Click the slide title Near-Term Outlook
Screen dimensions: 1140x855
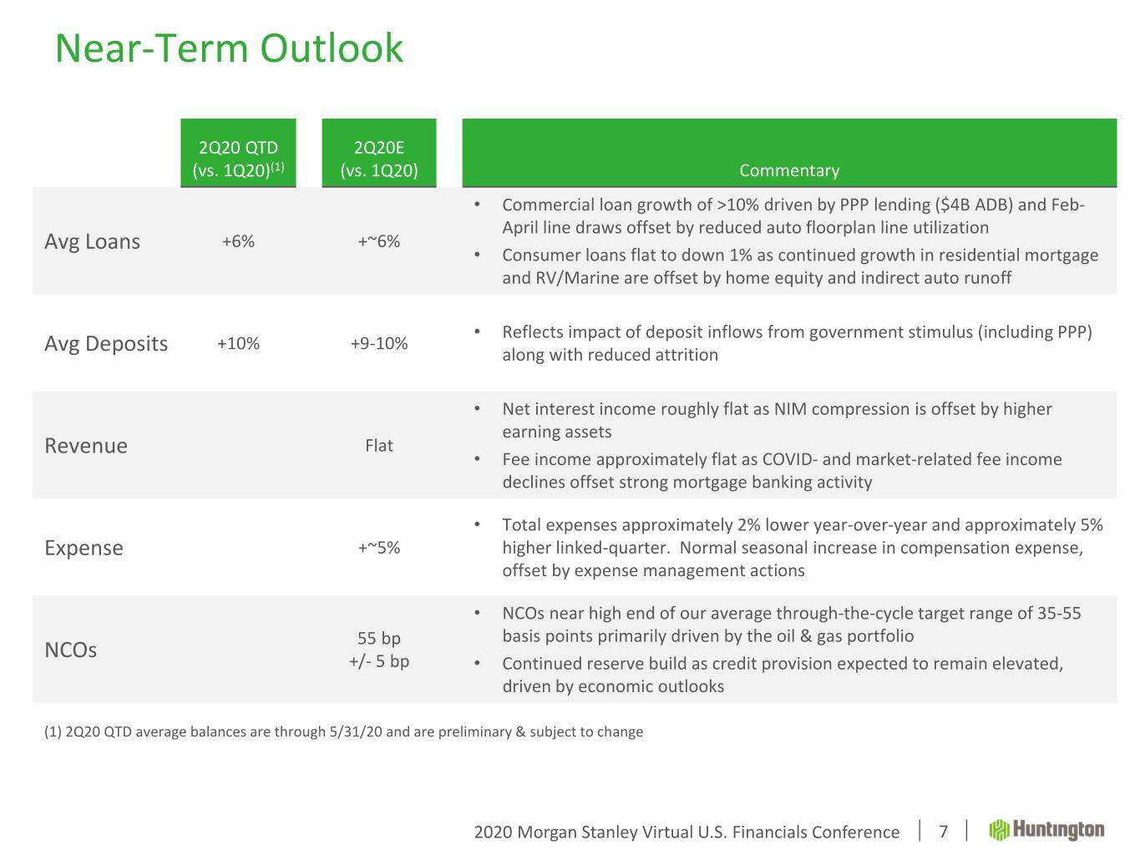[x=229, y=48]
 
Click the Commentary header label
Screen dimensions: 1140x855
[x=789, y=170]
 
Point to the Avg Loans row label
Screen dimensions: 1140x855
[x=93, y=241]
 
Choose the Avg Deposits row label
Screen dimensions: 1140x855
[x=106, y=344]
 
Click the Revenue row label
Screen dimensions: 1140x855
[x=86, y=445]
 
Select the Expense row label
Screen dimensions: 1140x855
[x=84, y=549]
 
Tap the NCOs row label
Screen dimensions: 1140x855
[x=71, y=650]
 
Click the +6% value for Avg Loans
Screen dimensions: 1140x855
[x=238, y=241]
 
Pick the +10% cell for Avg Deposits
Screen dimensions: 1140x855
[x=238, y=343]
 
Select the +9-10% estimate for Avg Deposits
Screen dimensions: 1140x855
[x=379, y=343]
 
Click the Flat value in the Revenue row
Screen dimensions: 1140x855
[x=379, y=445]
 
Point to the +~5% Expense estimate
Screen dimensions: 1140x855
[x=379, y=548]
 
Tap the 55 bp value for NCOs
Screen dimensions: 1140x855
[x=379, y=638]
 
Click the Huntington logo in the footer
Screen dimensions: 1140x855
[x=1046, y=830]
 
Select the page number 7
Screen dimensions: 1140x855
[x=943, y=832]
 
